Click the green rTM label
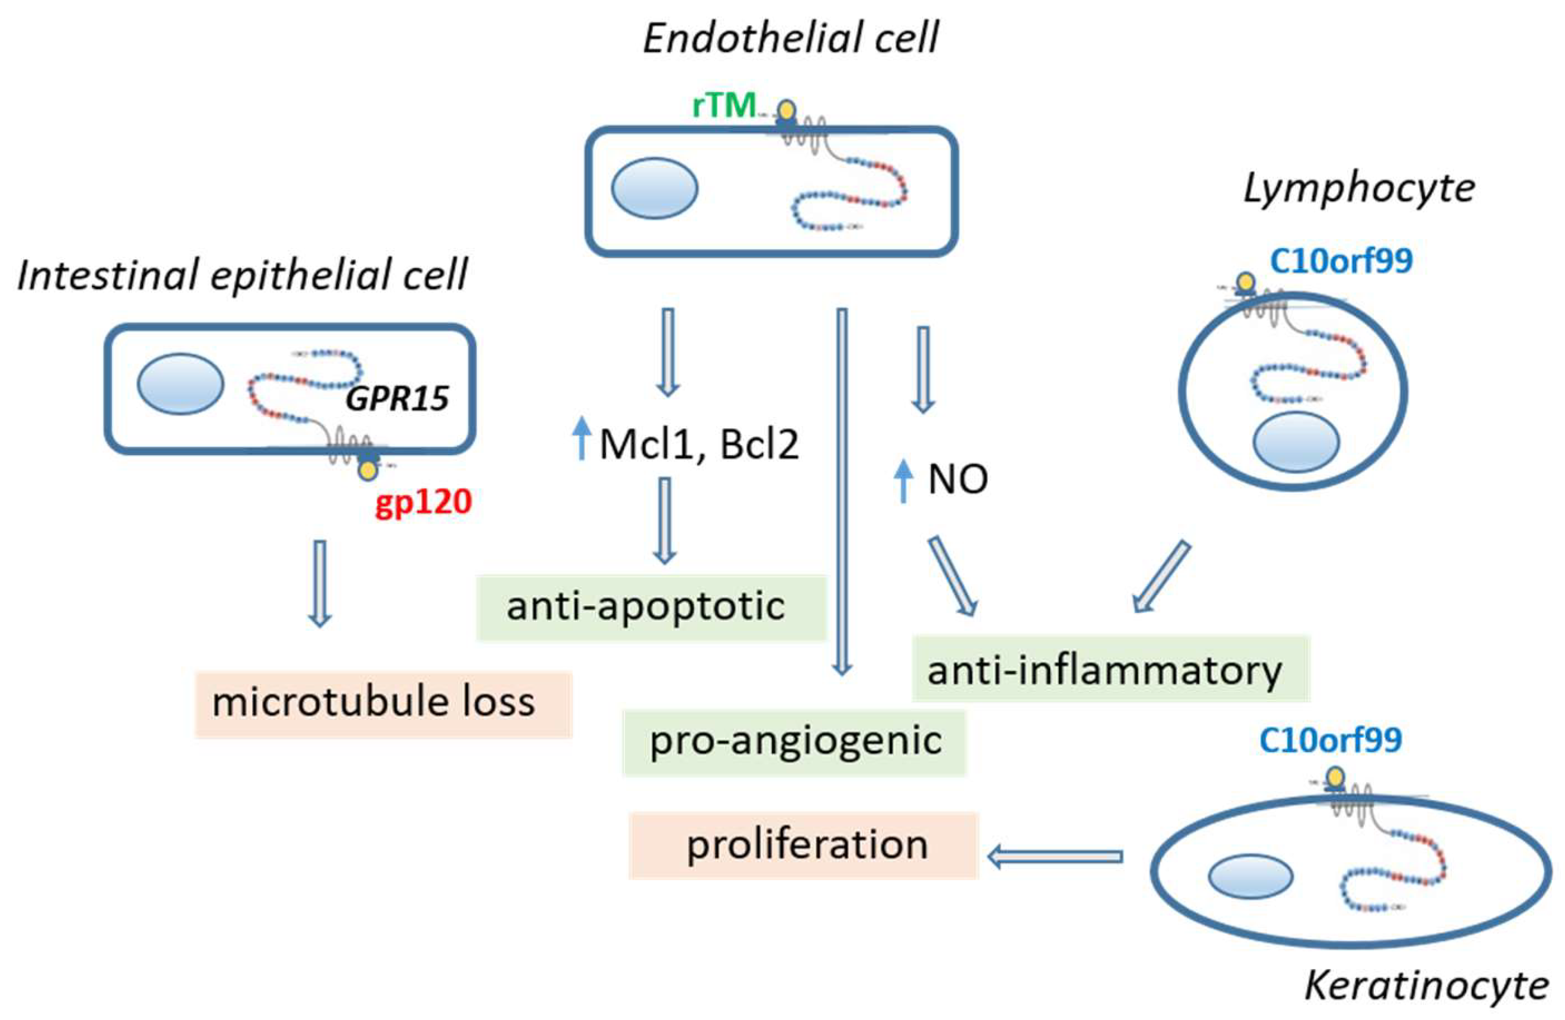[x=723, y=105]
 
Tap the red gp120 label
[x=423, y=503]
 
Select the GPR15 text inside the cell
[x=397, y=398]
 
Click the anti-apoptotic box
[x=651, y=607]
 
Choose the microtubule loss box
[x=384, y=704]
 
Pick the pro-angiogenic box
[x=794, y=743]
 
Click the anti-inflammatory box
[x=1110, y=669]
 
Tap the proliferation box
[x=804, y=845]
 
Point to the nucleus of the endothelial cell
[x=654, y=188]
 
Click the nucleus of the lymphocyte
[x=1296, y=441]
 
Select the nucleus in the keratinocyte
[x=1251, y=876]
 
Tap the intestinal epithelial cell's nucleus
[x=180, y=384]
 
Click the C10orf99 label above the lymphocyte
[x=1341, y=261]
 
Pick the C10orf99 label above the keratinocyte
[x=1330, y=740]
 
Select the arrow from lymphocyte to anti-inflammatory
[x=1161, y=577]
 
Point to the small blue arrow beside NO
[x=904, y=481]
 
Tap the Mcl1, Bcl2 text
[x=699, y=444]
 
